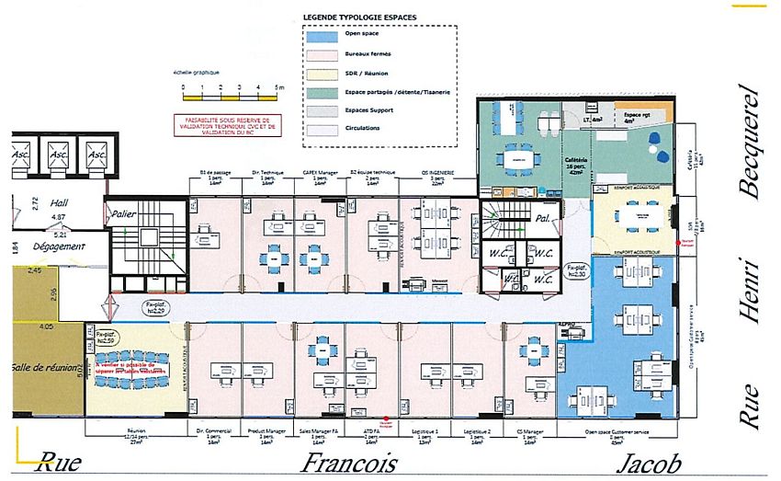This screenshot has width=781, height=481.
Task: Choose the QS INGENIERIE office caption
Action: click(438, 175)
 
